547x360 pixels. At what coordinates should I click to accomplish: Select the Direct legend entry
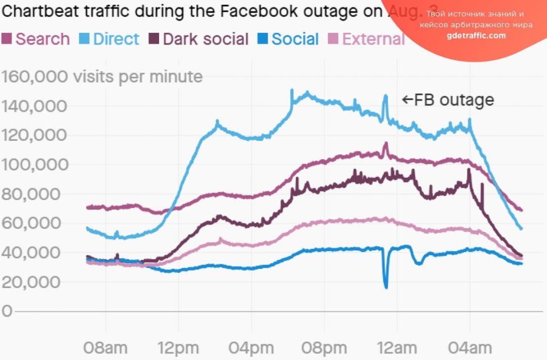[x=109, y=39]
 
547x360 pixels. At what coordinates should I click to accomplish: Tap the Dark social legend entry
[x=199, y=39]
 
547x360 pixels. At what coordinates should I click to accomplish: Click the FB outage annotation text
[x=448, y=100]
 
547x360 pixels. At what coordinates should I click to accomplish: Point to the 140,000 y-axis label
[x=34, y=106]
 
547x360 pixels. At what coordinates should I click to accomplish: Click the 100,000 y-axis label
[x=34, y=165]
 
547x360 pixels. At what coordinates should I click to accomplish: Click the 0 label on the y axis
[x=7, y=311]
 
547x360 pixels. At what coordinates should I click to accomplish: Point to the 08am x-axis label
[x=105, y=348]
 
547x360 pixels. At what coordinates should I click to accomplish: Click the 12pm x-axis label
[x=178, y=348]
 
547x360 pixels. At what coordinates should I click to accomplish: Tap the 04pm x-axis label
[x=251, y=348]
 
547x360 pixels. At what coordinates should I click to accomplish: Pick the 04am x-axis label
[x=470, y=348]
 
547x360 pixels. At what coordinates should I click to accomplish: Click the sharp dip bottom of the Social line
[x=386, y=287]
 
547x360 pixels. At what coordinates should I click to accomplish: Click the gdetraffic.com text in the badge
[x=476, y=35]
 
